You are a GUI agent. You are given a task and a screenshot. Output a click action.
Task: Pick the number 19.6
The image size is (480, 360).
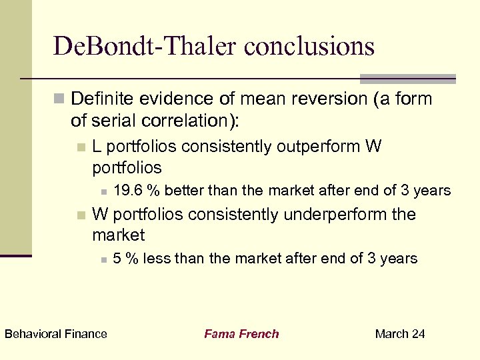click(x=128, y=191)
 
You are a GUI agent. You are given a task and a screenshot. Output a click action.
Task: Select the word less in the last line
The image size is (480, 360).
click(x=156, y=259)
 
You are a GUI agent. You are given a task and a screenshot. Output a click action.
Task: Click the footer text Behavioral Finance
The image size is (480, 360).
click(x=55, y=334)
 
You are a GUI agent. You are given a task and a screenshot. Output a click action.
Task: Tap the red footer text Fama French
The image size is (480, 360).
click(x=241, y=334)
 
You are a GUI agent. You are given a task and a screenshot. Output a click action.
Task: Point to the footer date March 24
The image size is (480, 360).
click(x=400, y=334)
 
